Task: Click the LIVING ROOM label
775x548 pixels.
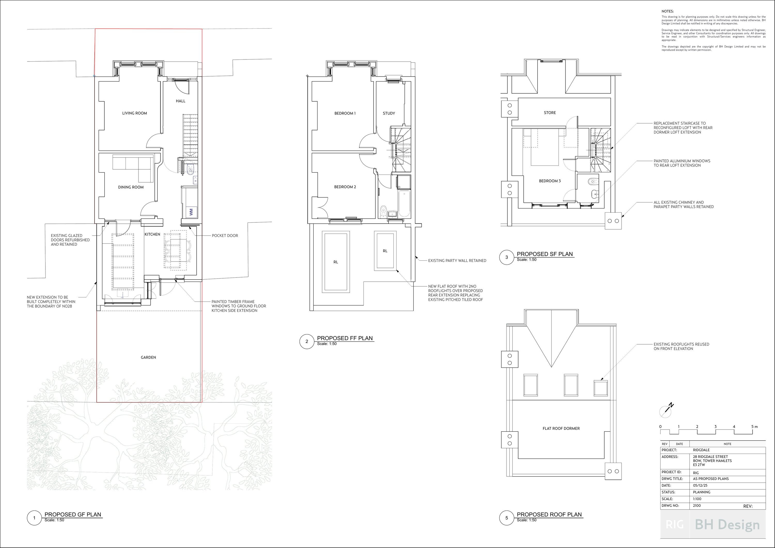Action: [x=134, y=113]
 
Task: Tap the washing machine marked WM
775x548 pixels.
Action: [x=191, y=212]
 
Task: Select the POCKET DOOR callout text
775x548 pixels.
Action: [x=225, y=236]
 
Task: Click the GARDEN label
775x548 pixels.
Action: [x=148, y=357]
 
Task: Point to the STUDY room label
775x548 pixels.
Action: [x=389, y=113]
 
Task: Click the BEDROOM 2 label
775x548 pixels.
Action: [x=345, y=187]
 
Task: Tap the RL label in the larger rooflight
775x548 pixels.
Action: [x=336, y=262]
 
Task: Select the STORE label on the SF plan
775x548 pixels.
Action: [x=549, y=112]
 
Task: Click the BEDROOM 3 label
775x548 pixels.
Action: [x=549, y=181]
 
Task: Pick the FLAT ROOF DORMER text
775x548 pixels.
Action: [x=561, y=429]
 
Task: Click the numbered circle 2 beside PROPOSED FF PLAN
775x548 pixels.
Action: [x=306, y=341]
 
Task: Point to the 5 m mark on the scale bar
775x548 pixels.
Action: [x=754, y=427]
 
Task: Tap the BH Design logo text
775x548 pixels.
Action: [x=727, y=525]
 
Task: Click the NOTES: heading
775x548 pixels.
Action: [x=667, y=11]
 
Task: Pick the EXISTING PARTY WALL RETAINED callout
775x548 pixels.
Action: [x=457, y=260]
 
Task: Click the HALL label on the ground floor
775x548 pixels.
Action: [x=180, y=101]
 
